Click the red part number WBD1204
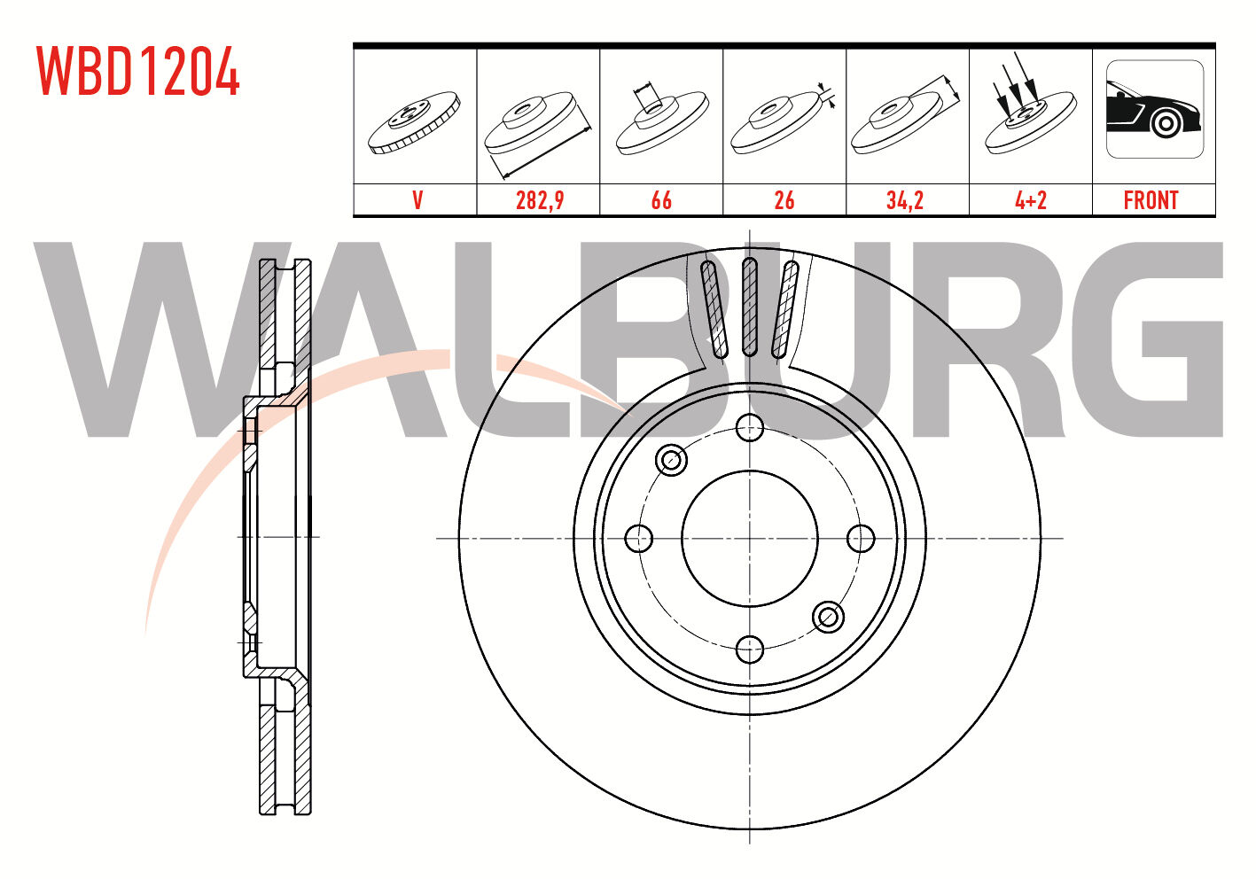click(138, 71)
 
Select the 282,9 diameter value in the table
click(540, 200)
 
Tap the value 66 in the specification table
click(661, 200)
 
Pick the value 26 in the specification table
click(784, 200)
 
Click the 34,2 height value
click(905, 200)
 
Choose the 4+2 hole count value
click(1031, 200)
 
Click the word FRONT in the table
click(1151, 200)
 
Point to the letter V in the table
click(417, 200)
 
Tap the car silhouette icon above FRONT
click(1155, 109)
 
